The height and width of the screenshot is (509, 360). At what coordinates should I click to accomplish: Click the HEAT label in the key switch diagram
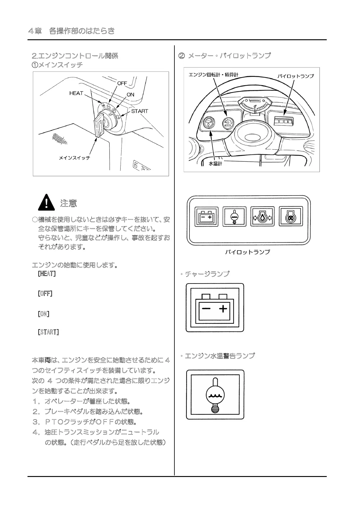(76, 93)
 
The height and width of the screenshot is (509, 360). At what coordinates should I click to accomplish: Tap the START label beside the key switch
(139, 111)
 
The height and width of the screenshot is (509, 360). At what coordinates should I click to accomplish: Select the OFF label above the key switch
(122, 83)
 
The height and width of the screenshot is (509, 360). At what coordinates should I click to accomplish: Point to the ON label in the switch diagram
(130, 95)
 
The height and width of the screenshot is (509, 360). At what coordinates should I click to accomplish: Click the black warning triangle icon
(46, 202)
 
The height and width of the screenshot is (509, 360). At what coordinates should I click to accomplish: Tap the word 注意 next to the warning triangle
(69, 203)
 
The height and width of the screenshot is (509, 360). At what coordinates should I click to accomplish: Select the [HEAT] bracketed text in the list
(47, 274)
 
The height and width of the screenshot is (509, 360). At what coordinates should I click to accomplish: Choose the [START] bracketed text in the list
(48, 332)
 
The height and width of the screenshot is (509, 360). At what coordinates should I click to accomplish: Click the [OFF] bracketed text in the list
(45, 293)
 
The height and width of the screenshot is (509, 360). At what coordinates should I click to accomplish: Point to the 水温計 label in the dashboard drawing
(215, 164)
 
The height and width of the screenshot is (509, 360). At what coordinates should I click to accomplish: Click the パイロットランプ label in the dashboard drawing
(295, 76)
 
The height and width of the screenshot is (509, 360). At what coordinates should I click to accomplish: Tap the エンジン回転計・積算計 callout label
(213, 75)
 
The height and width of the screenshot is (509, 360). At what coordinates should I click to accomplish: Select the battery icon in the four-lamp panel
(206, 216)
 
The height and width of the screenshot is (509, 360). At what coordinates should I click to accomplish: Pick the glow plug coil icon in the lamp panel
(290, 216)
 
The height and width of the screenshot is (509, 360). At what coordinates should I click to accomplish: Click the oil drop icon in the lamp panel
(262, 216)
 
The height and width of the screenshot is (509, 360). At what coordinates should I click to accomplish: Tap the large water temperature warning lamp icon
(215, 394)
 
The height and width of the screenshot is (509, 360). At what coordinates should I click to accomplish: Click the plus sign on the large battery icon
(223, 309)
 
